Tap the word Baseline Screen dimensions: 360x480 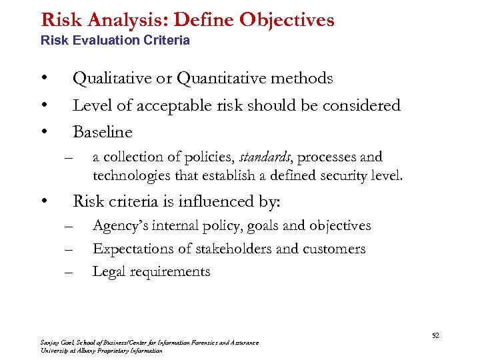102,132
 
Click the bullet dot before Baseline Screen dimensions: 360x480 43,132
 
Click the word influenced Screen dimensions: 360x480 215,201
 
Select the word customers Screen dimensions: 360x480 334,249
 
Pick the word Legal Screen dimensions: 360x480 109,272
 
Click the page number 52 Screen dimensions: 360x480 435,336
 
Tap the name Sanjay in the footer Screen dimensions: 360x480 50,343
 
